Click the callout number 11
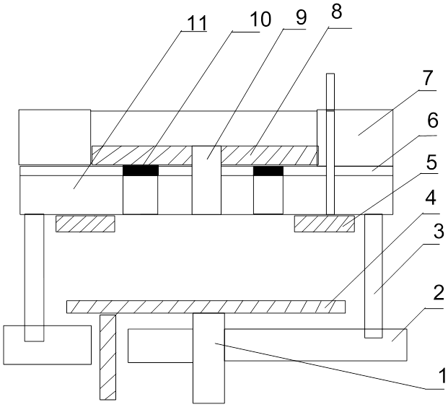(x=197, y=22)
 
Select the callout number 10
(x=262, y=18)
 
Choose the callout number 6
(x=431, y=122)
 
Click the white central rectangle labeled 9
(x=206, y=180)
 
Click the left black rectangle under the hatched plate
(x=140, y=172)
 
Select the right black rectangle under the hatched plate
(x=268, y=172)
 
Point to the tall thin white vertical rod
(x=330, y=144)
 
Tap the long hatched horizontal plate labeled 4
(x=206, y=307)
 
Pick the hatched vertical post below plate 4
(x=107, y=357)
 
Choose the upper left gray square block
(x=55, y=136)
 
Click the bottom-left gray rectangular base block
(x=48, y=344)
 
